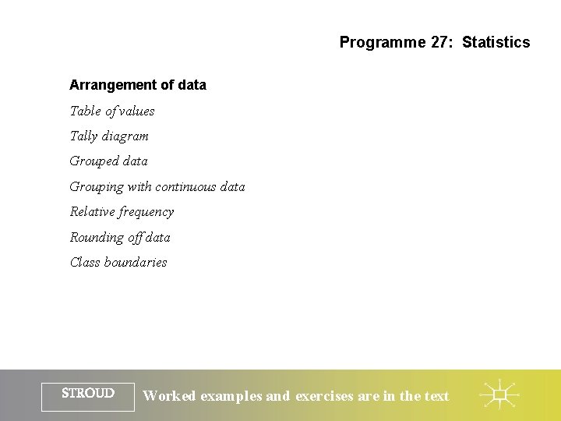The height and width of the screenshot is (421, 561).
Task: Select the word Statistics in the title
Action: (496, 42)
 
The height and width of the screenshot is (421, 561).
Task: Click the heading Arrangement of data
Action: (138, 85)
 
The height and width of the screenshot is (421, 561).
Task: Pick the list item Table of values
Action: (112, 111)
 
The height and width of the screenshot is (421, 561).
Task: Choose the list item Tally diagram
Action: (109, 136)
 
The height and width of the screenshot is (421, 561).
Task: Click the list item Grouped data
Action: (109, 161)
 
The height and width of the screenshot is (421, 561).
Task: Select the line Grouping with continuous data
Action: (157, 186)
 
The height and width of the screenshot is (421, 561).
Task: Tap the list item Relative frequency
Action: (122, 212)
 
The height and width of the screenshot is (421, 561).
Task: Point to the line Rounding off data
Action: (120, 237)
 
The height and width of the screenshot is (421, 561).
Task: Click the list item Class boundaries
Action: (118, 262)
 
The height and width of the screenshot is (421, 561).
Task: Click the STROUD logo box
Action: (88, 395)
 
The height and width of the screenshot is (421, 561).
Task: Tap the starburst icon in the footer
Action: (499, 395)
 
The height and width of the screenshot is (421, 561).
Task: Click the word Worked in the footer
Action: (170, 396)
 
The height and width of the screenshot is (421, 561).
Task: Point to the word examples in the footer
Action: (232, 396)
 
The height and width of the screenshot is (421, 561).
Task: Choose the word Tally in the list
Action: (84, 136)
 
